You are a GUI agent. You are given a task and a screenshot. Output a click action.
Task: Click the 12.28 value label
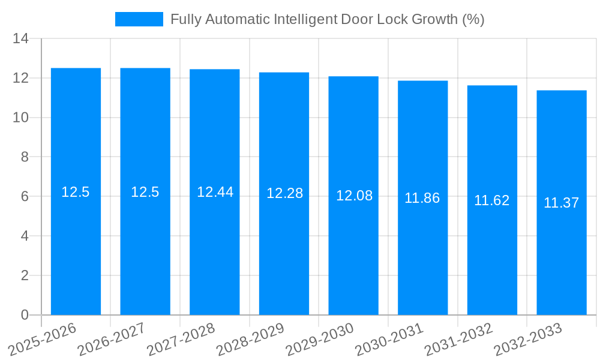coord(284,193)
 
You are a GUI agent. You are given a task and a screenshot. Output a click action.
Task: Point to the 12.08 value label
coord(354,196)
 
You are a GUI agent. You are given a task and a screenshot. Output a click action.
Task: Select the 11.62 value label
coord(492,200)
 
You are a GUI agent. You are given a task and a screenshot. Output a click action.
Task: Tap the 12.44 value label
coord(215,192)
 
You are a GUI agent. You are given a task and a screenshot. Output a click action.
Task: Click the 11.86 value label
coord(422,198)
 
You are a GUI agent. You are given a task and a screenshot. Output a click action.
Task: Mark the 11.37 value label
coord(562,203)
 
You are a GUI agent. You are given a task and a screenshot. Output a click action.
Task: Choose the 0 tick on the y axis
coord(25,315)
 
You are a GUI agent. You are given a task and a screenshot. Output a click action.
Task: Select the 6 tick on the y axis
coord(25,196)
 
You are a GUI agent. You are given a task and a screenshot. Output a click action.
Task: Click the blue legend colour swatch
coord(139,20)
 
